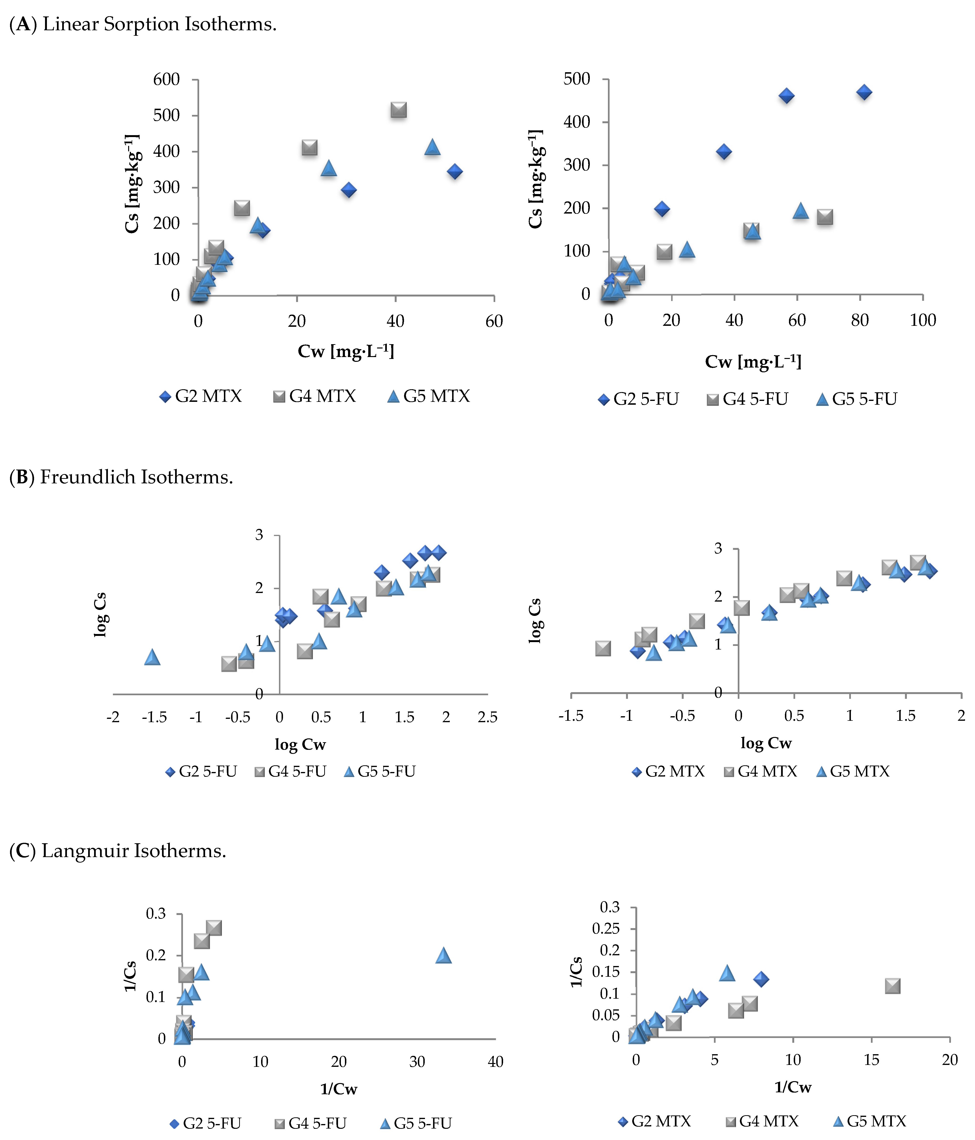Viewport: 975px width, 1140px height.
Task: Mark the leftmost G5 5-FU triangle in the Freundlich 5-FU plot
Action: [x=152, y=657]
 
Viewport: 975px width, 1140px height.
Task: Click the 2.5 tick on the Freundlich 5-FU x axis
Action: [x=487, y=717]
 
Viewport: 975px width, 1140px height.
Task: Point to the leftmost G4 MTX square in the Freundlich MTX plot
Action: [x=603, y=648]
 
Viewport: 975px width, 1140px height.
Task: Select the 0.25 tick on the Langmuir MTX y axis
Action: [x=606, y=929]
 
